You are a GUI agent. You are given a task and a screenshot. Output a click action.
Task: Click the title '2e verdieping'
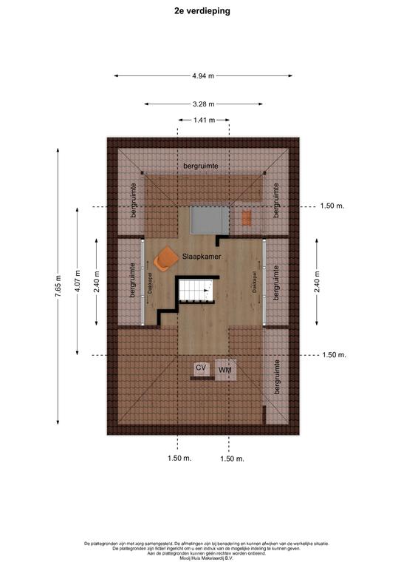202,11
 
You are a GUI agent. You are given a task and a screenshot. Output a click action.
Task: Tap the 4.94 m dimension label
203,75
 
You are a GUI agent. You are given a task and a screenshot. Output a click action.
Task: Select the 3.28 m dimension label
203,104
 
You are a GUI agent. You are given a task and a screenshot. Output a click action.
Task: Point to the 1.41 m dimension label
204,120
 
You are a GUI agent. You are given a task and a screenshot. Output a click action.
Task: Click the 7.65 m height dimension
58,286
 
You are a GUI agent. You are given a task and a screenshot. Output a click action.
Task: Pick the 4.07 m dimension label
78,281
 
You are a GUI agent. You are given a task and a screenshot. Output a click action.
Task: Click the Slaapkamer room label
202,257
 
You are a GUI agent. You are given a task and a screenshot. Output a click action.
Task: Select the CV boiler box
201,368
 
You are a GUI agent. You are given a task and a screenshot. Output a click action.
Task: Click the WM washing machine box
226,370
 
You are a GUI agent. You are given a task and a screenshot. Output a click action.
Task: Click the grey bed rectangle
210,220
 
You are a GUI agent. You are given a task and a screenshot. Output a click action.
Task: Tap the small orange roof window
246,218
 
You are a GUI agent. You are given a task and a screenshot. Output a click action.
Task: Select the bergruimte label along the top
201,166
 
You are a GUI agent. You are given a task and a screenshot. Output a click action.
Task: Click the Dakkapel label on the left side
148,283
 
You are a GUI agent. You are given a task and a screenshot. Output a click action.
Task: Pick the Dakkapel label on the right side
255,283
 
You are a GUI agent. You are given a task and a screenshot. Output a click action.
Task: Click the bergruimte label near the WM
277,376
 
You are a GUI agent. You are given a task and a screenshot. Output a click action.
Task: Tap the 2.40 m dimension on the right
317,282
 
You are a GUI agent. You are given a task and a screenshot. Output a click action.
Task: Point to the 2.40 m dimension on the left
96,282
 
